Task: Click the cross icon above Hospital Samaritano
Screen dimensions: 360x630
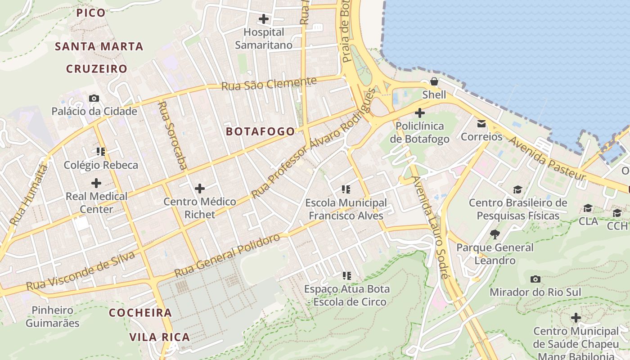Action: [264, 19]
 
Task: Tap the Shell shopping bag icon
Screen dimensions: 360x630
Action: [434, 81]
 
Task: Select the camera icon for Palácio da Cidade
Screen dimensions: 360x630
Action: [94, 98]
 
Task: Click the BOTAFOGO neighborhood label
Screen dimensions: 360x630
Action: [261, 131]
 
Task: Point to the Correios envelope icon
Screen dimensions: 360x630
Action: [481, 123]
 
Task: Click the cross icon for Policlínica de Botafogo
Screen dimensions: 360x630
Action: [419, 112]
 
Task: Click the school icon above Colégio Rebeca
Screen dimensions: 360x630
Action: [101, 152]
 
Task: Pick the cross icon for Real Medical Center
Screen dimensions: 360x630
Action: [96, 183]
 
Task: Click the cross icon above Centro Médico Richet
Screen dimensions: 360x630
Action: [199, 188]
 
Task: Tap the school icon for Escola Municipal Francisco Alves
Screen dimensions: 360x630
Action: [346, 189]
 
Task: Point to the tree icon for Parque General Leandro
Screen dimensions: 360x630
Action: [495, 234]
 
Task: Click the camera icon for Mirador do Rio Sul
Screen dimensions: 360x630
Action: [535, 279]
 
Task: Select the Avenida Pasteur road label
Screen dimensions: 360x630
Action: [547, 158]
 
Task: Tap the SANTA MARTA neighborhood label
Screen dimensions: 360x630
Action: [99, 46]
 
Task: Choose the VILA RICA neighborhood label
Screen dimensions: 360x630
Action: [160, 337]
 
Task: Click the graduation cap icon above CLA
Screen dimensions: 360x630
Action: [588, 208]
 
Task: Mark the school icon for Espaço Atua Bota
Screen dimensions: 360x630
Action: [346, 275]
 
